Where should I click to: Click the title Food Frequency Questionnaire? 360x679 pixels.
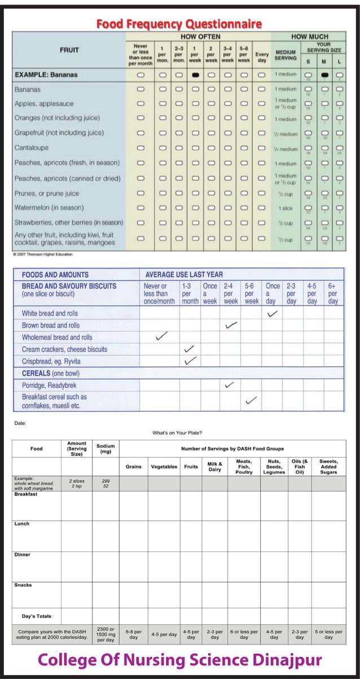179,24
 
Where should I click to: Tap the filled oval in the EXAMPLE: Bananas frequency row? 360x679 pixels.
195,75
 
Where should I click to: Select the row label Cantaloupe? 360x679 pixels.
32,148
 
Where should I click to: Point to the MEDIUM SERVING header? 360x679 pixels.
286,54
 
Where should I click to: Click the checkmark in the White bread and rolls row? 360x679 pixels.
273,313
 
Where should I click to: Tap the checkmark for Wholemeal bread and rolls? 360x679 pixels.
162,336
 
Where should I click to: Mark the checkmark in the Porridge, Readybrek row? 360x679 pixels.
229,385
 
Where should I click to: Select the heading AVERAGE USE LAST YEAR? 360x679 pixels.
184,274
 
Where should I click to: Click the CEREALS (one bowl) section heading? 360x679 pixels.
50,373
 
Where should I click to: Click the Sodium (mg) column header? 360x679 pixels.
106,449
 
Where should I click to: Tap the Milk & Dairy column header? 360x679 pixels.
215,467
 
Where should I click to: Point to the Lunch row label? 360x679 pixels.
22,524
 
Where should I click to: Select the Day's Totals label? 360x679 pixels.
37,616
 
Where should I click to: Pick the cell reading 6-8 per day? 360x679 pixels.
134,634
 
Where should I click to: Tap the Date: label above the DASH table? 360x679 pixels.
20,422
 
